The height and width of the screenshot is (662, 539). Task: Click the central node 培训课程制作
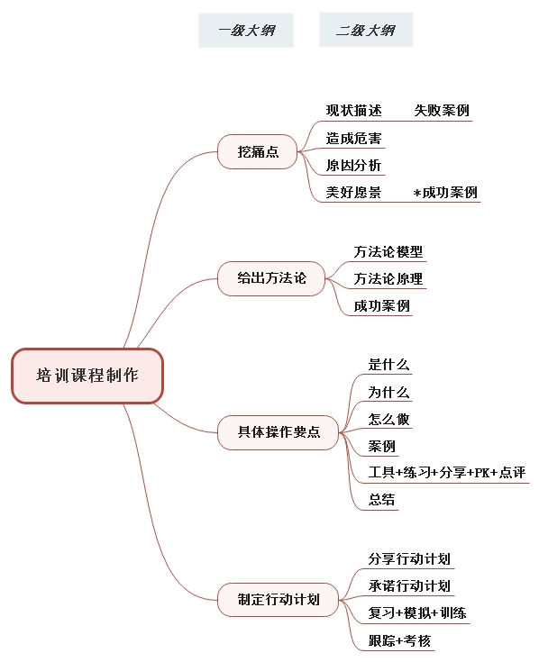[87, 376]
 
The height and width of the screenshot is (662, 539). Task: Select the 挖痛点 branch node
[258, 151]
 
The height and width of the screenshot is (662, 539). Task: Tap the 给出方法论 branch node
[271, 278]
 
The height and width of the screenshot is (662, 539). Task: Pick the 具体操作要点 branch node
[278, 432]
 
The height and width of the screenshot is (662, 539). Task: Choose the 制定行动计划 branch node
[278, 600]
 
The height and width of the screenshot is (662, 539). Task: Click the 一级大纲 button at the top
[246, 30]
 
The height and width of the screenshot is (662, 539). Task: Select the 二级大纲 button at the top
[366, 30]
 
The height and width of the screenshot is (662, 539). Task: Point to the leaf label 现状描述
[353, 111]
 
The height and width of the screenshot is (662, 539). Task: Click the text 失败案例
[442, 111]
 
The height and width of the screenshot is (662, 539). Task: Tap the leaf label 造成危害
[353, 138]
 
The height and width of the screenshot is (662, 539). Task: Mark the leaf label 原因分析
[353, 165]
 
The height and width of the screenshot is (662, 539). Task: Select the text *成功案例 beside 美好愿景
[445, 193]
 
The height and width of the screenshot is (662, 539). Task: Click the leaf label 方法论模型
[388, 251]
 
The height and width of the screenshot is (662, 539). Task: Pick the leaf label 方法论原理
[388, 278]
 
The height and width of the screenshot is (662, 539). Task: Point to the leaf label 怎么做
[388, 419]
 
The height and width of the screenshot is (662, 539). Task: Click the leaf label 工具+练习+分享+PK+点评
[447, 472]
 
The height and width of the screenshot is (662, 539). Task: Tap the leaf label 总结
[381, 500]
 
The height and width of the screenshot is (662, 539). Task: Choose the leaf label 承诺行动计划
[409, 586]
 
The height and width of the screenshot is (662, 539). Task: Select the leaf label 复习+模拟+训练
[417, 613]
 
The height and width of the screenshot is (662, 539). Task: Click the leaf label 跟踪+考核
[399, 640]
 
